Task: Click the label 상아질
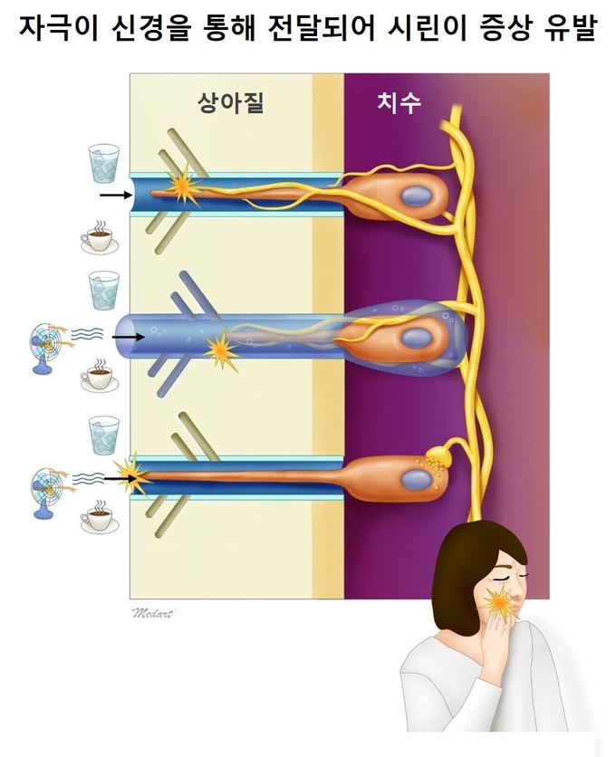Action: click(230, 102)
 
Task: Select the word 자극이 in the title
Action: click(59, 27)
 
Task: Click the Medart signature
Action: click(154, 613)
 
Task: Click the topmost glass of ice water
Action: click(104, 163)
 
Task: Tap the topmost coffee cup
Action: click(100, 237)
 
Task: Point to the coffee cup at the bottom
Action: click(100, 517)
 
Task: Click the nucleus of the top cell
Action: click(416, 196)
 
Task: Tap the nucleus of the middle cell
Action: click(416, 338)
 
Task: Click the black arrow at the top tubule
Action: click(116, 195)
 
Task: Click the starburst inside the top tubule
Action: click(183, 187)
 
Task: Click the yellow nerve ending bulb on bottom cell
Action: click(438, 454)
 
